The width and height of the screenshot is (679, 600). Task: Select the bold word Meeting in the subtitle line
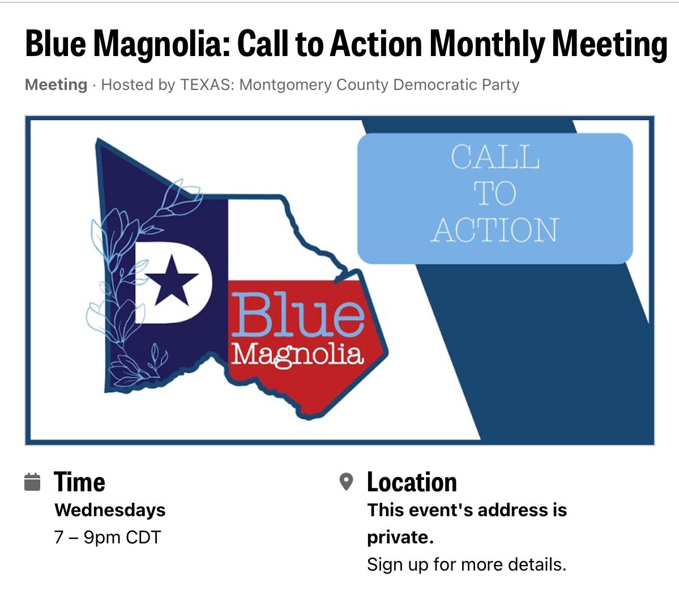[56, 85]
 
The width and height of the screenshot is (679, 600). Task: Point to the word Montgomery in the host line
[285, 85]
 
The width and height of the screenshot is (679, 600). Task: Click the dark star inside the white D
[172, 281]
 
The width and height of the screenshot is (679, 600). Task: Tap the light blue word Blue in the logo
[298, 315]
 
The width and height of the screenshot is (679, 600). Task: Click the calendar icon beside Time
[32, 482]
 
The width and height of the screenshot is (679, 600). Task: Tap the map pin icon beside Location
[346, 482]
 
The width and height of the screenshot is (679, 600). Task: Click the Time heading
[79, 482]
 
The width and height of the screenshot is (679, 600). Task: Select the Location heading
[412, 482]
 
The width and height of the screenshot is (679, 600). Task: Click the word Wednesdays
[110, 510]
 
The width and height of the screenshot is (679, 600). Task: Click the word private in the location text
[400, 538]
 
